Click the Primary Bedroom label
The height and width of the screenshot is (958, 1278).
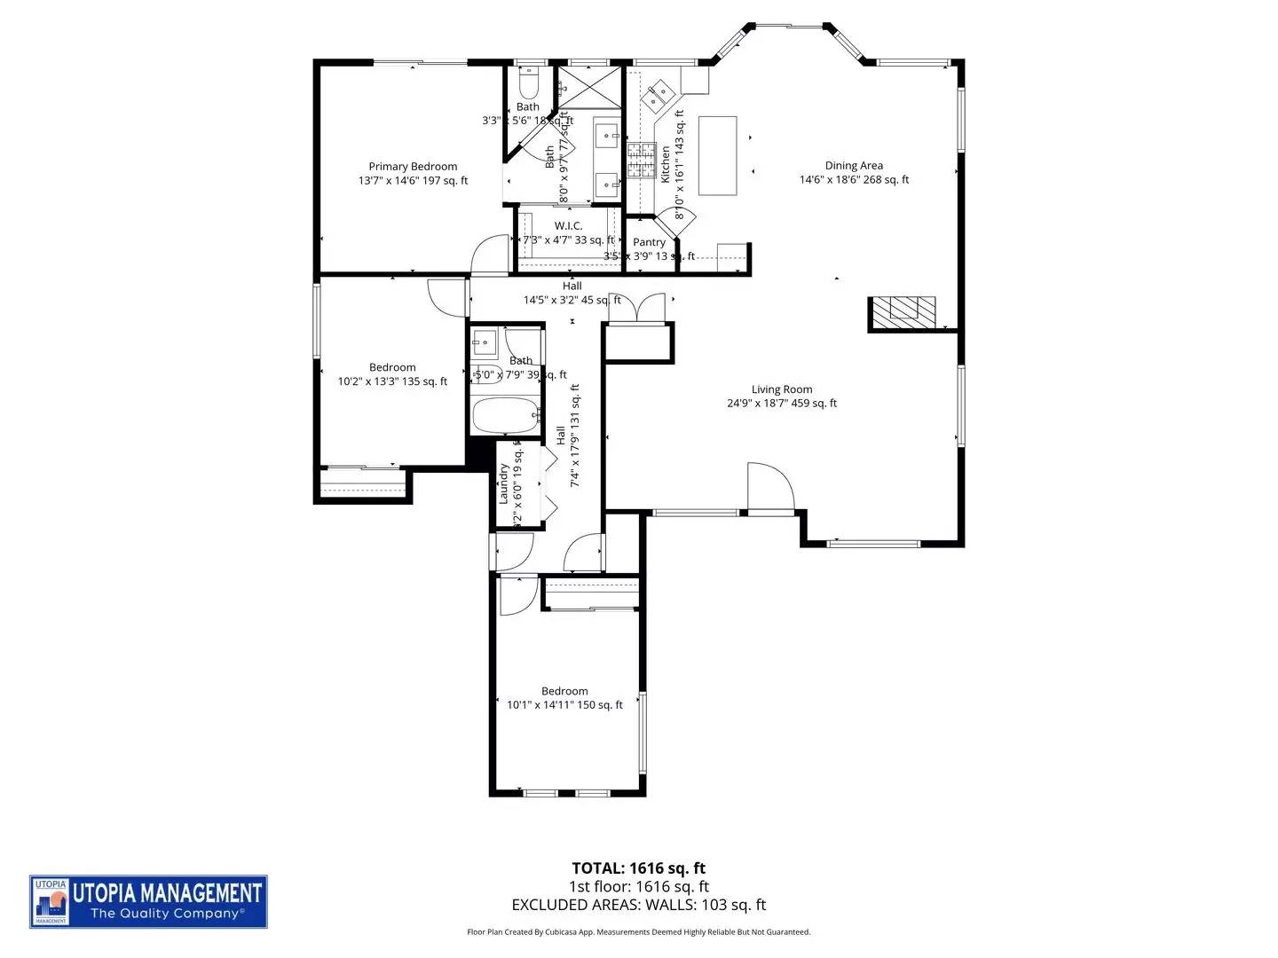coord(413,167)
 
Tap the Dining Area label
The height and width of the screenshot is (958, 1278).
coord(854,166)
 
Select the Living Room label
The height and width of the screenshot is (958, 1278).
coord(781,389)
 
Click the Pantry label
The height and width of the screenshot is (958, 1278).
coord(649,242)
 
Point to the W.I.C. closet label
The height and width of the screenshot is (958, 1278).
coord(568,226)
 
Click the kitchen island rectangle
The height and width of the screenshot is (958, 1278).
coord(717,155)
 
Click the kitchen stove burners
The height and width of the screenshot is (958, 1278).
coord(641,161)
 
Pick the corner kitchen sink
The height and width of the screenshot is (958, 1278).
coord(659,94)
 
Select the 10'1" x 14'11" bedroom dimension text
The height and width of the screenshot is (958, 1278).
coord(564,705)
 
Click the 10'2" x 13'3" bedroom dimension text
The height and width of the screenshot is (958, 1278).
coord(392,381)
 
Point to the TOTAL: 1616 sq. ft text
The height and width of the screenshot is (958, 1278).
coord(638,868)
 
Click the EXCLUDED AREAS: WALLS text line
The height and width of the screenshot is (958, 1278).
coord(638,905)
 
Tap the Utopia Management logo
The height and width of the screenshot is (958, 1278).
coord(148,902)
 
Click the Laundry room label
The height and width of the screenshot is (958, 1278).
coord(503,483)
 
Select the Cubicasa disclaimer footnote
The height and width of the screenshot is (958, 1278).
coord(638,932)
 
